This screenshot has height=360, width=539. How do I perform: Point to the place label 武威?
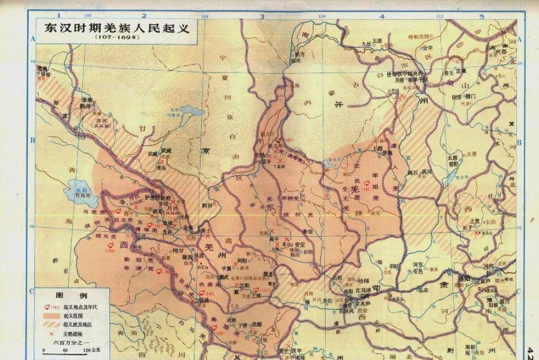pyautogui.click(x=149, y=150)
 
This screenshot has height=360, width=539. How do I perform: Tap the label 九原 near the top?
pyautogui.click(x=367, y=44)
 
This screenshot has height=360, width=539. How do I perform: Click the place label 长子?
pyautogui.click(x=467, y=226)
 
